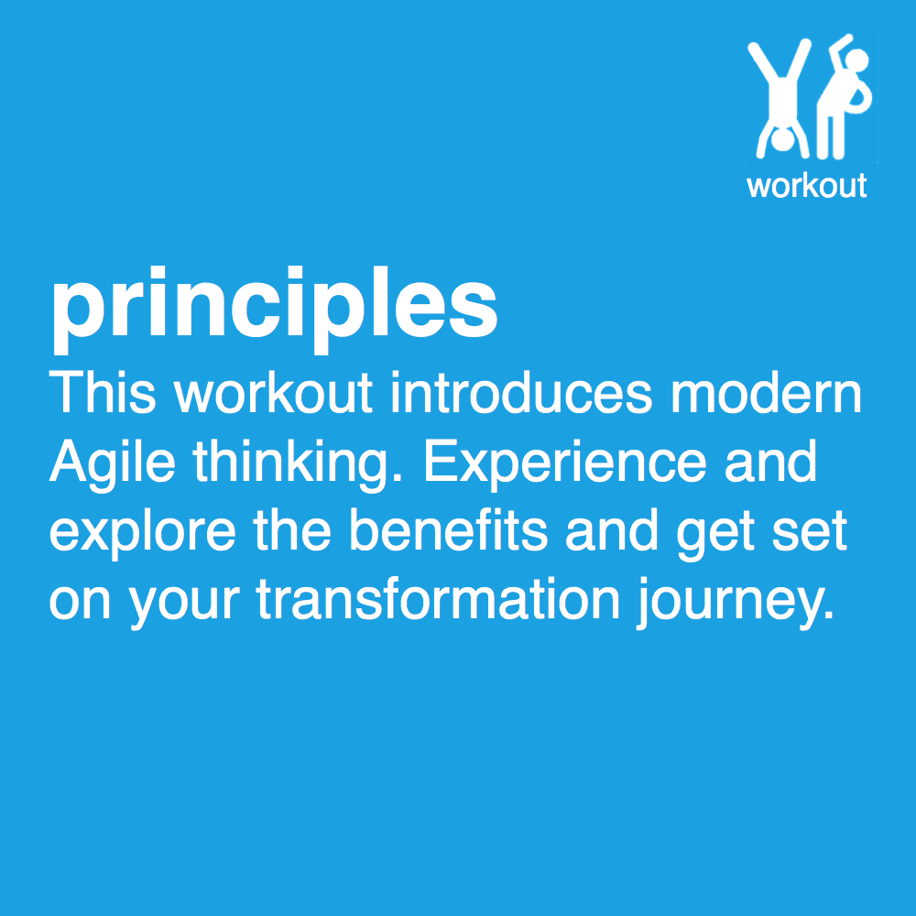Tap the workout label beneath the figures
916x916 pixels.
pos(806,186)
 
